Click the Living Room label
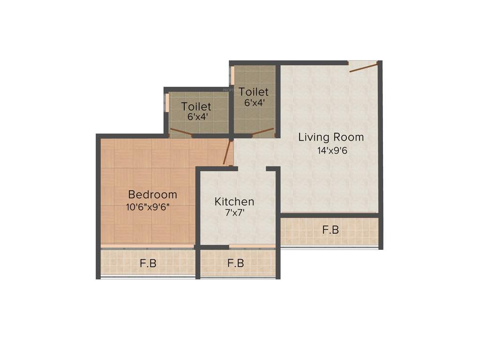pyautogui.click(x=331, y=137)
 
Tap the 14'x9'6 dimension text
pyautogui.click(x=332, y=151)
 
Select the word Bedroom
pyautogui.click(x=153, y=195)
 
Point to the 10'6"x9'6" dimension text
pyautogui.click(x=148, y=207)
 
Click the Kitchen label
pyautogui.click(x=234, y=202)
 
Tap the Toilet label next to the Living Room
pyautogui.click(x=254, y=92)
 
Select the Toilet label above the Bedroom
pyautogui.click(x=196, y=107)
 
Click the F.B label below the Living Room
pyautogui.click(x=330, y=230)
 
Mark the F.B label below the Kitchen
pyautogui.click(x=236, y=263)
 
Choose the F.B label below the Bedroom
pyautogui.click(x=148, y=263)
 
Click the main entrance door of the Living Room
pyautogui.click(x=363, y=67)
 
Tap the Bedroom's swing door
pyautogui.click(x=228, y=153)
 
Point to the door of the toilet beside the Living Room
pyautogui.click(x=262, y=131)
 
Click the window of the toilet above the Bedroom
pyautogui.click(x=165, y=103)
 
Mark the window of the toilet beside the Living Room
pyautogui.click(x=232, y=75)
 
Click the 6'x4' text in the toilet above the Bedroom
pyautogui.click(x=197, y=117)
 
